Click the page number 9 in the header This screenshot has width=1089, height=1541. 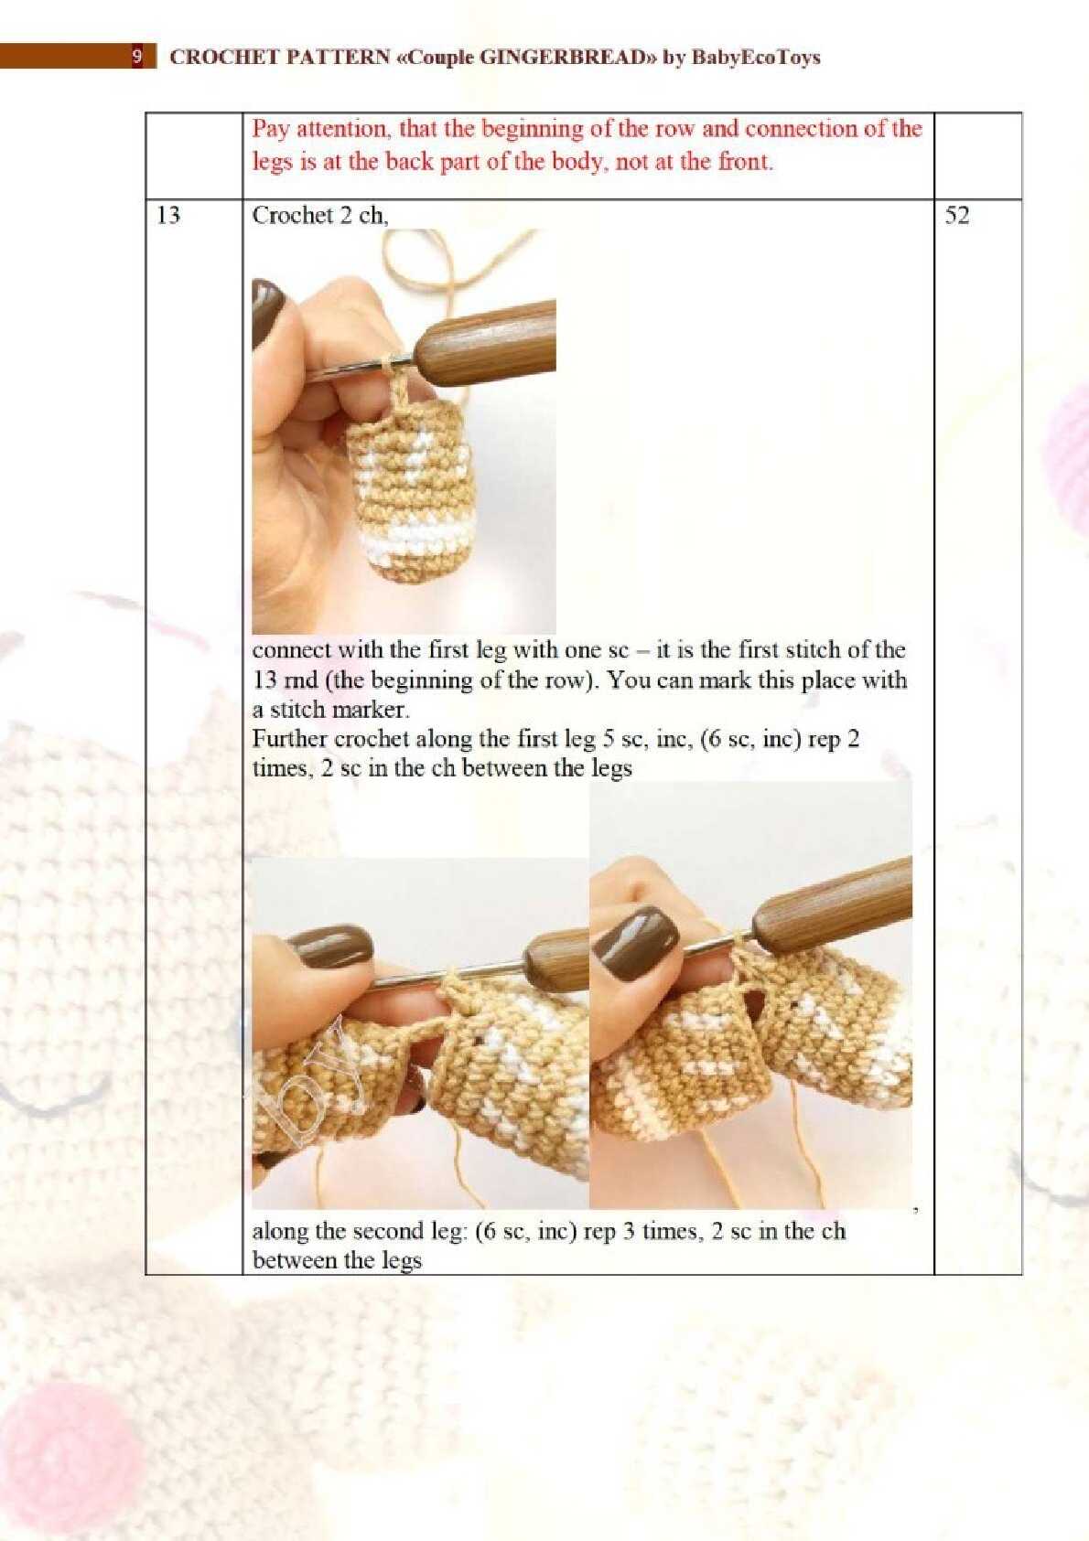coord(137,57)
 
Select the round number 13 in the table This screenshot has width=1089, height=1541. coord(168,216)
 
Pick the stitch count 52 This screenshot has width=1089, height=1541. coord(957,216)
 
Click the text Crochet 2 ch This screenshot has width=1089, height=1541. coord(320,216)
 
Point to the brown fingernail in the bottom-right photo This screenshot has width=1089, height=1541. coord(635,936)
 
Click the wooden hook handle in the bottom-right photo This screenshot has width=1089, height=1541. coord(833,895)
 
